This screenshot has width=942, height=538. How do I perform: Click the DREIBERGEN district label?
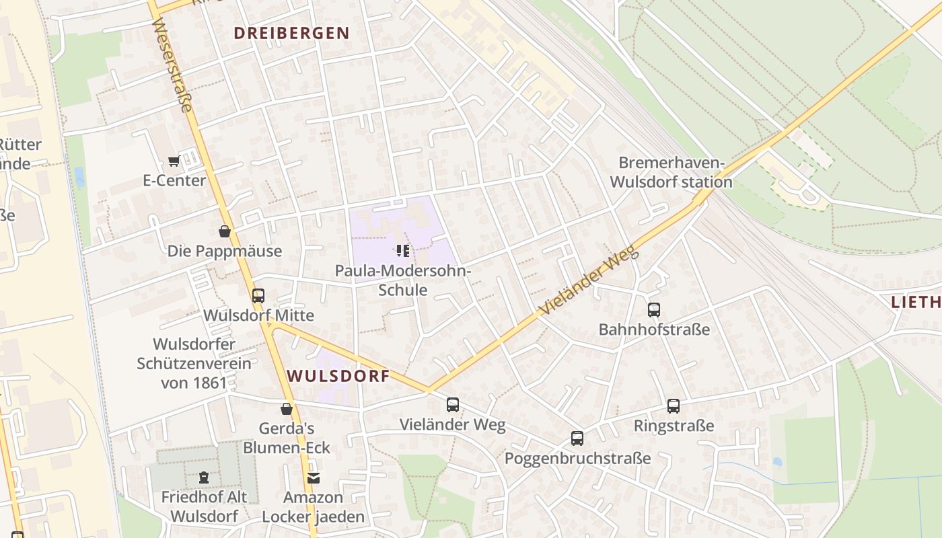pos(291,33)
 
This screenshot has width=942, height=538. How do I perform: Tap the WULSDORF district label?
pos(338,376)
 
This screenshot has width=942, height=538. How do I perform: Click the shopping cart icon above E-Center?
pos(174,161)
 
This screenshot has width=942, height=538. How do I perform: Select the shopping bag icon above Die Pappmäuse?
pos(225,232)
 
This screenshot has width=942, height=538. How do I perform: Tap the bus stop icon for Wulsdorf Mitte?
pos(258,296)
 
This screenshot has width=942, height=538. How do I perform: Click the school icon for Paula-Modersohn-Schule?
pos(403,252)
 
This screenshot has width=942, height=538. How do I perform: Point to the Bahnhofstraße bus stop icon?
pos(654,310)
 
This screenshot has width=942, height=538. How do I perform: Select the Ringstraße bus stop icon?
pos(674,406)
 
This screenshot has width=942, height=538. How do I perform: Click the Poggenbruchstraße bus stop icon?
pos(577,438)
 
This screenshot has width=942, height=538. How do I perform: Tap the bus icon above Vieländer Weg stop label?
pos(453,405)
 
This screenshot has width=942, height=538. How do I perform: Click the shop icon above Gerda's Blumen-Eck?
pos(287,409)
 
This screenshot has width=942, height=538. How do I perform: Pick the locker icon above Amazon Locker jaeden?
pos(313,478)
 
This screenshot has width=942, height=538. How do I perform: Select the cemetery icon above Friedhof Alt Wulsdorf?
pos(203,477)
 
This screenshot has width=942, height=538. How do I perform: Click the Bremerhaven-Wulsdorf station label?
pos(675,172)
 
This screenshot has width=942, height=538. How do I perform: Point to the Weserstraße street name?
pos(173,64)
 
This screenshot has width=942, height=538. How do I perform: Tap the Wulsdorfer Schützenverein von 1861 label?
pos(194,364)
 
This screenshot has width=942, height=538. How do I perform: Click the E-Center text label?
pos(174,181)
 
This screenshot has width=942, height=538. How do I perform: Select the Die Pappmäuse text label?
pos(225,252)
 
